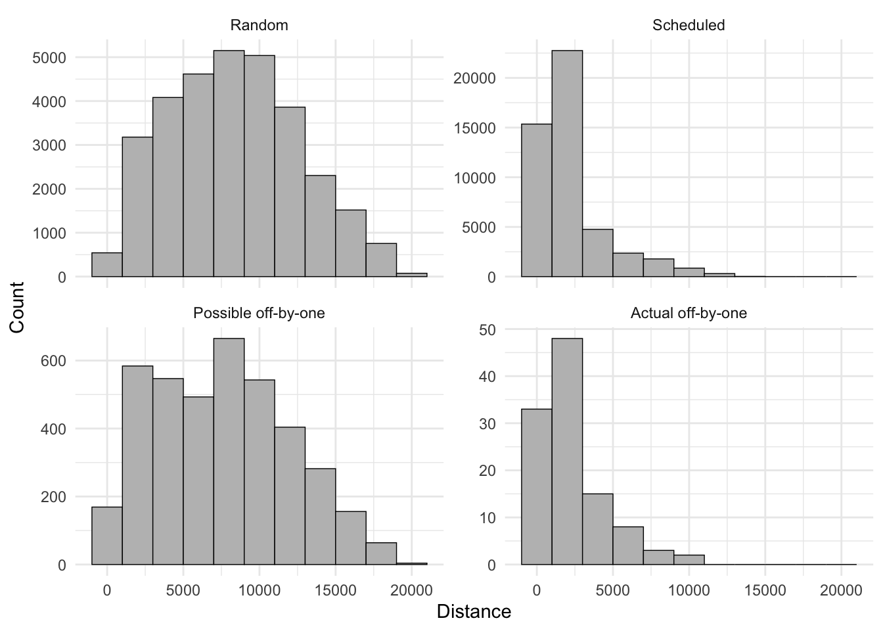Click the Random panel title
(x=259, y=26)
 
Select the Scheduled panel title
(x=689, y=26)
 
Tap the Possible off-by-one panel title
(x=259, y=314)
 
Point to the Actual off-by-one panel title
(x=689, y=314)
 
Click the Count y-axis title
(x=17, y=307)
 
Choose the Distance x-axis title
(x=474, y=612)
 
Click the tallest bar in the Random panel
(x=229, y=164)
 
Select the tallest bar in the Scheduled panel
(x=567, y=164)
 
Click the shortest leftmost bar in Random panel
(x=107, y=265)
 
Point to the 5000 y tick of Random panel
(x=49, y=58)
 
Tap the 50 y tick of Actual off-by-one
(x=487, y=329)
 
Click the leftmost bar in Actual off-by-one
(x=536, y=487)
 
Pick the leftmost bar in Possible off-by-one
(x=107, y=536)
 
